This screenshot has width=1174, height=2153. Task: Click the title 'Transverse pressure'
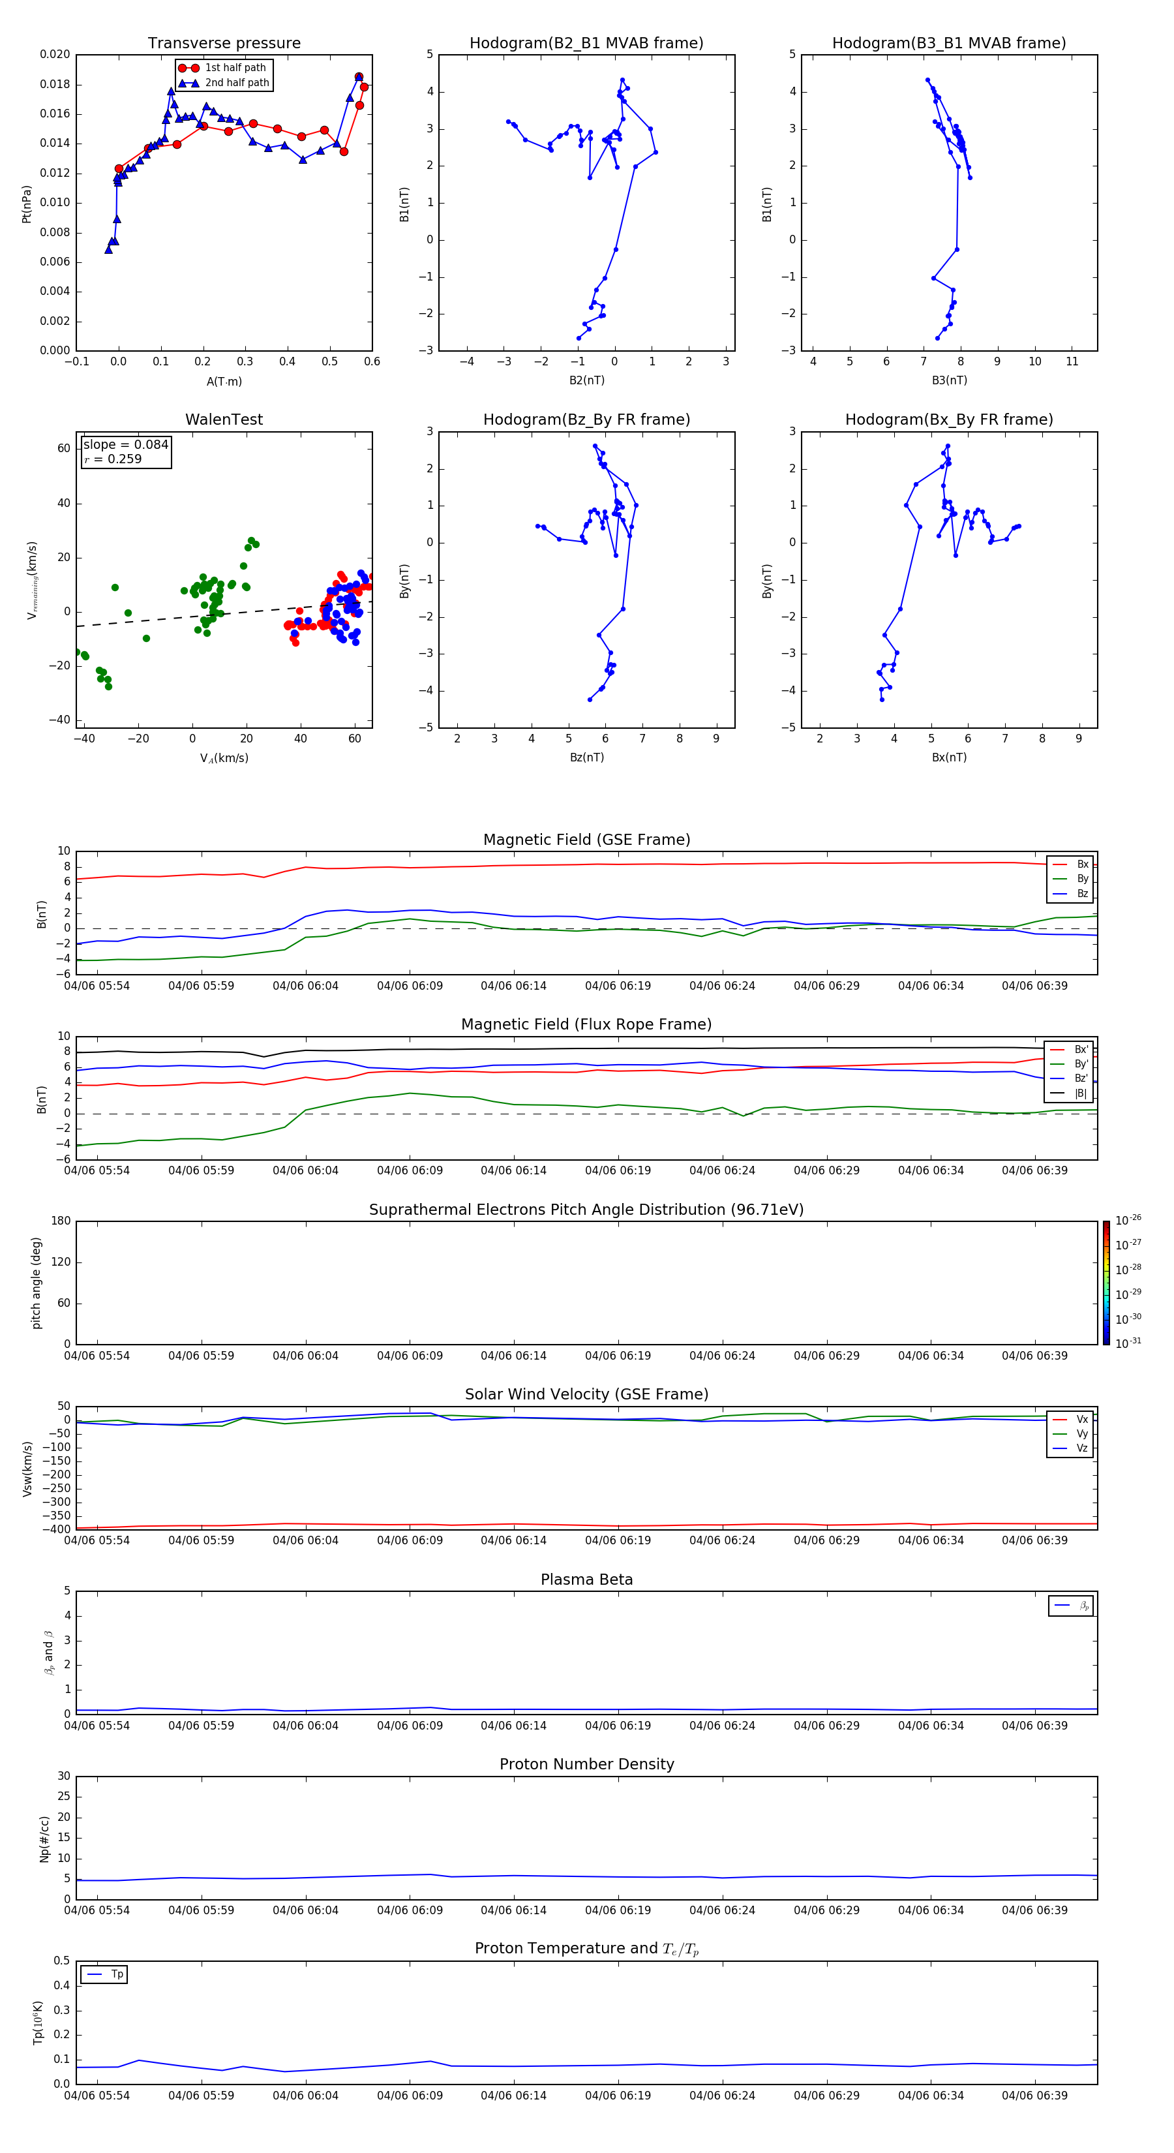[x=224, y=42]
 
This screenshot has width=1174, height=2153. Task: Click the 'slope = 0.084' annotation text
[x=125, y=445]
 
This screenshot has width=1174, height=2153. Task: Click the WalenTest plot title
[x=224, y=420]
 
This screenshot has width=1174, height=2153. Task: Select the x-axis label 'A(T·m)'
[x=224, y=381]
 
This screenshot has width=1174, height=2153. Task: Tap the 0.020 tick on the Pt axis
[x=55, y=54]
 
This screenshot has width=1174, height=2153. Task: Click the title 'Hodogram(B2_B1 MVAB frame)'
[x=586, y=42]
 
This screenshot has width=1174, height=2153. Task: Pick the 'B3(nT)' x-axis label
[x=949, y=380]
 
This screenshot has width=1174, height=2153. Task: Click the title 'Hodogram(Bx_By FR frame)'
[x=948, y=420]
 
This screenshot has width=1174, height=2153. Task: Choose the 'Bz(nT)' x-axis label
[x=586, y=757]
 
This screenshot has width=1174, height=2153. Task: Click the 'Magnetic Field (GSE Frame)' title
[x=586, y=840]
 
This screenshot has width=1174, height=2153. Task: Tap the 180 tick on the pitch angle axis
[x=61, y=1221]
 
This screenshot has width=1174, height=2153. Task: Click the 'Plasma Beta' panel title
[x=586, y=1580]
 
